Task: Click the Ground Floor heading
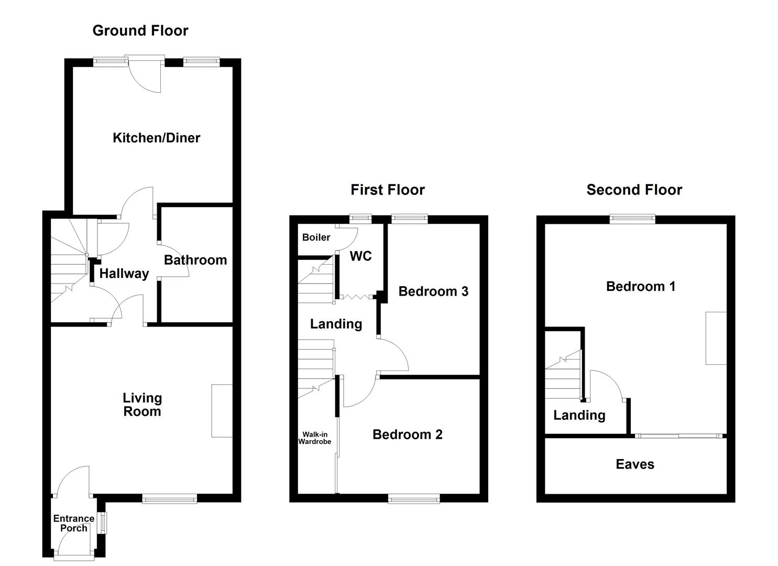140,30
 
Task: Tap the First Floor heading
387,190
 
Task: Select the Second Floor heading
634,190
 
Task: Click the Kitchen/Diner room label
156,138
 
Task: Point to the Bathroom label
195,260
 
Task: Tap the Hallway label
124,274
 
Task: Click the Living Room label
142,405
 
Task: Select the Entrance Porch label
74,523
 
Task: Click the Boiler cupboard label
316,237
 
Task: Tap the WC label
360,256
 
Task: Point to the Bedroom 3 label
433,291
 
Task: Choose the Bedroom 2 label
407,434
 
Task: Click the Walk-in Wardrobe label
315,438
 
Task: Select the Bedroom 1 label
640,286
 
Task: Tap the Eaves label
635,464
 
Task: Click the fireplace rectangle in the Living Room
222,411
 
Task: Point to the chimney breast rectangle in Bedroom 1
716,338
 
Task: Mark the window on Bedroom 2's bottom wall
413,499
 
